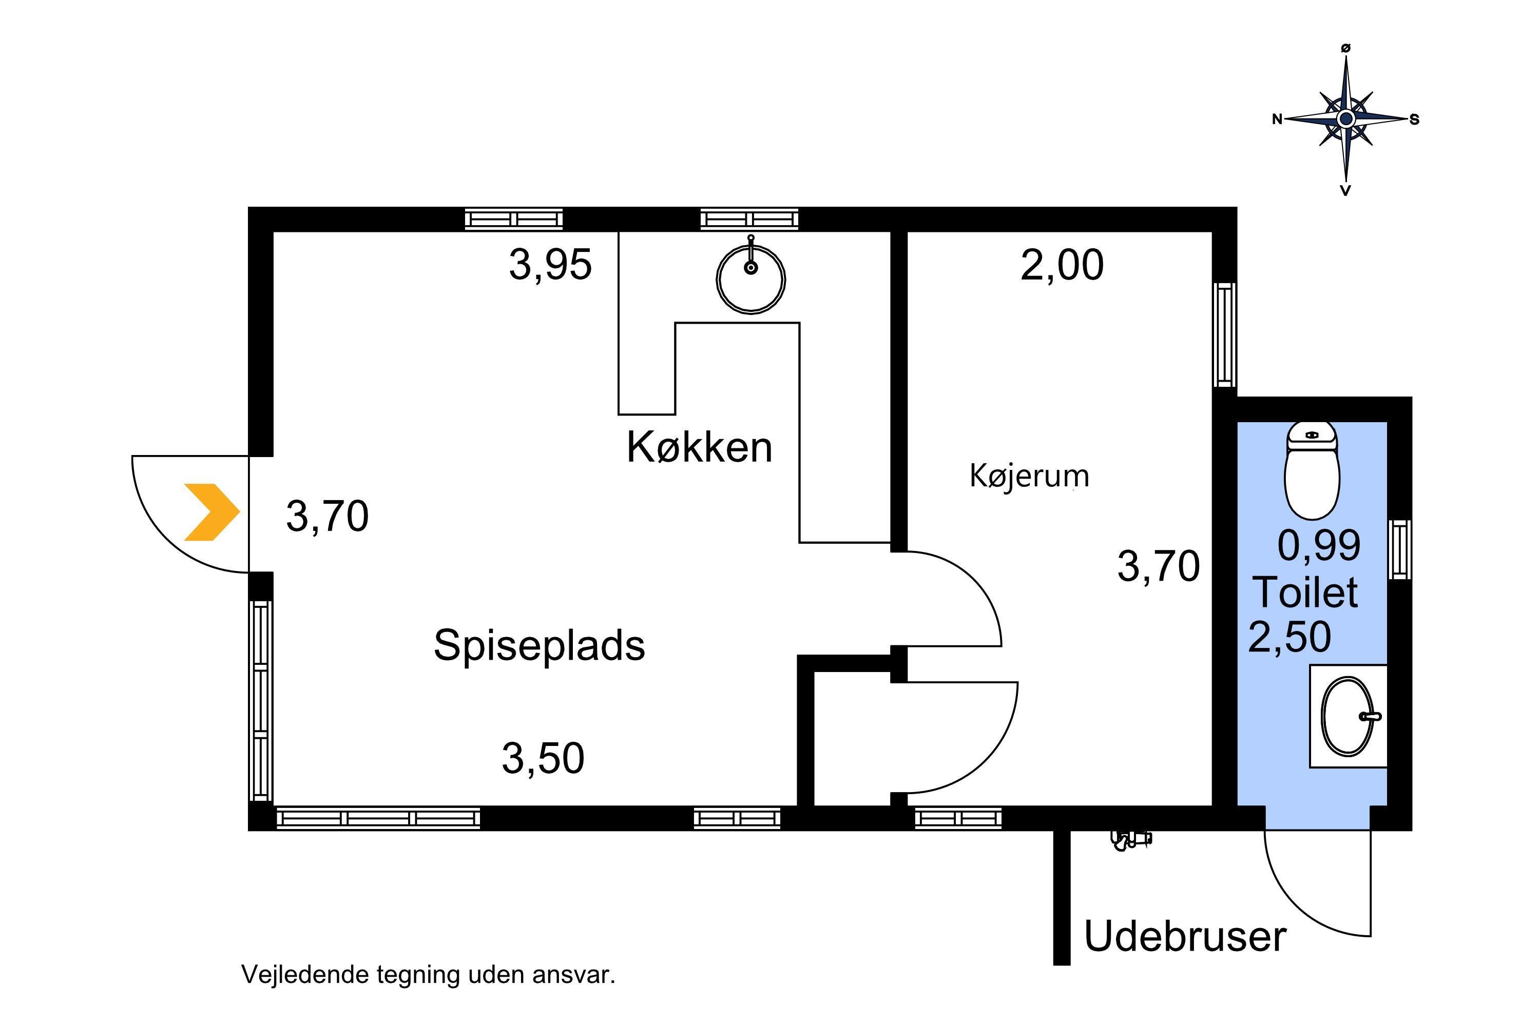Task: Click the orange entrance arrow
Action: [x=211, y=512]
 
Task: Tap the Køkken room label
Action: [x=699, y=447]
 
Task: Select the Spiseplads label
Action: [x=539, y=646]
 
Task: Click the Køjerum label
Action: [x=1029, y=476]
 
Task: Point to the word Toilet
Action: [x=1305, y=592]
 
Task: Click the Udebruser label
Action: [x=1185, y=936]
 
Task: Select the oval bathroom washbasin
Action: [x=1348, y=717]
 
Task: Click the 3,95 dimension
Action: [x=551, y=266]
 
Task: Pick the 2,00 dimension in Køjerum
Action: [x=1062, y=266]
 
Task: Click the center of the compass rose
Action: [x=1346, y=119]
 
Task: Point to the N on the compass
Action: [x=1277, y=119]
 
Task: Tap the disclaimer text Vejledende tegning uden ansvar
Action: [x=429, y=974]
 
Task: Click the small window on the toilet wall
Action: [x=1400, y=549]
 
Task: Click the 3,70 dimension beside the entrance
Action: [x=328, y=516]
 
